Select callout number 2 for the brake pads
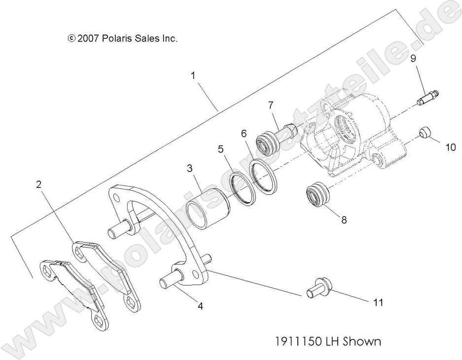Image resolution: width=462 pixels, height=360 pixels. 39,185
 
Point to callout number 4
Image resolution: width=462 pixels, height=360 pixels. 200,306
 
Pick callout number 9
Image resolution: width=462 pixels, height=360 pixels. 413,58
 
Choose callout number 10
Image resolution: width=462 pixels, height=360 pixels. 451,147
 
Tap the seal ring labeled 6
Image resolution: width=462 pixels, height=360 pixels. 265,177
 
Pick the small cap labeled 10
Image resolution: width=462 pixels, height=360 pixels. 425,133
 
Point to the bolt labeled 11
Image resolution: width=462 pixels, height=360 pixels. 317,288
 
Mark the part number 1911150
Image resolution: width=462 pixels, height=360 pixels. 297,341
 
